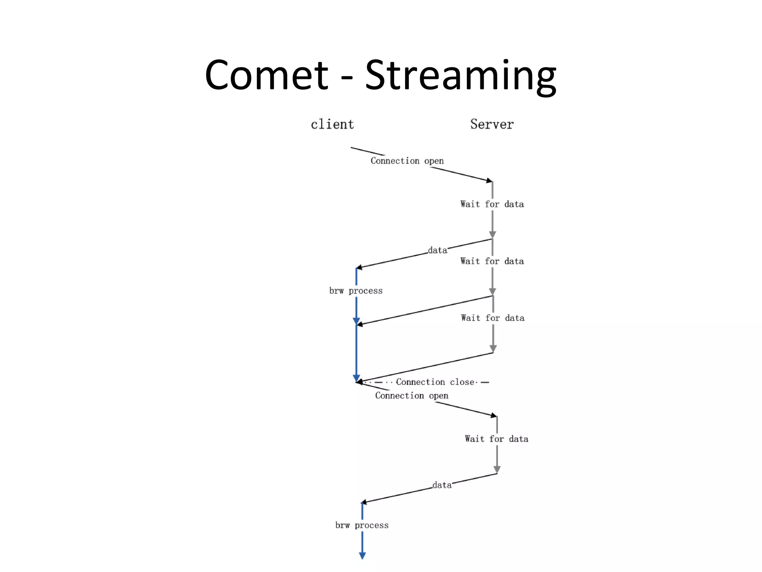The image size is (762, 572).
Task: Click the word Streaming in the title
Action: click(461, 76)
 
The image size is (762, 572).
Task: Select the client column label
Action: click(332, 124)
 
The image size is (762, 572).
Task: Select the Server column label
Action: click(492, 124)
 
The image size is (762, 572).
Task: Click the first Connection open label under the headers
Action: click(407, 161)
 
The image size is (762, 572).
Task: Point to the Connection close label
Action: click(435, 382)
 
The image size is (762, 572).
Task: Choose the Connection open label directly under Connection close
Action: click(412, 395)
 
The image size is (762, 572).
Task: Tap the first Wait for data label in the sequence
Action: click(492, 204)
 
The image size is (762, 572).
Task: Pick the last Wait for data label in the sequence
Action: click(496, 439)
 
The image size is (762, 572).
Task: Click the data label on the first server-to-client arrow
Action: click(438, 250)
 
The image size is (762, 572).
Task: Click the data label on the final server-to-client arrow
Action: click(442, 485)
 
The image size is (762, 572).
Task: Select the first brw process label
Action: click(356, 290)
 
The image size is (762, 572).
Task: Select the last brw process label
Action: click(362, 525)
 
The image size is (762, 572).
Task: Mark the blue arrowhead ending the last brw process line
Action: click(362, 556)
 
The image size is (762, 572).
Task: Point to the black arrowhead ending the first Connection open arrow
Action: click(489, 181)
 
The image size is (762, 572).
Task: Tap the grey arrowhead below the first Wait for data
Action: click(492, 235)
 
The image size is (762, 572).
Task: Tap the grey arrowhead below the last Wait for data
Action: click(497, 469)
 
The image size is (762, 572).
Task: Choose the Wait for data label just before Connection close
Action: click(493, 318)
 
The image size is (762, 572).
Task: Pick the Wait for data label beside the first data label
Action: click(492, 261)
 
